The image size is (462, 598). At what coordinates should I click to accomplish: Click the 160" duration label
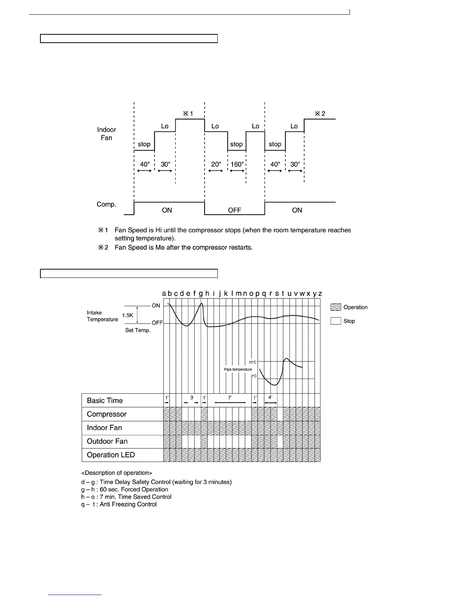pyautogui.click(x=237, y=165)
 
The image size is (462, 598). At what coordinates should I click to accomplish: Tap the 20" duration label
pyautogui.click(x=216, y=165)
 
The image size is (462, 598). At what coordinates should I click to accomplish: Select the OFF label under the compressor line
pyautogui.click(x=234, y=210)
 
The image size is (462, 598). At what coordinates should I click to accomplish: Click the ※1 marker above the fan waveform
pyautogui.click(x=188, y=114)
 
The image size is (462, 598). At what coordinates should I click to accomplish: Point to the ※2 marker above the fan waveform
pyautogui.click(x=320, y=114)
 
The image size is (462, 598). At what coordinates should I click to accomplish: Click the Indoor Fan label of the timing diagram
pyautogui.click(x=106, y=134)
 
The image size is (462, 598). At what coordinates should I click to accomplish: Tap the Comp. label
pyautogui.click(x=106, y=204)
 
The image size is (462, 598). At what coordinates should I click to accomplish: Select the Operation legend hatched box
pyautogui.click(x=336, y=307)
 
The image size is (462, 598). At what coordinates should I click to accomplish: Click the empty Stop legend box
pyautogui.click(x=336, y=321)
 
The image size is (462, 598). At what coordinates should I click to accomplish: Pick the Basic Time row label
pyautogui.click(x=105, y=401)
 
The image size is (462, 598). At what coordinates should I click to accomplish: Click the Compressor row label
pyautogui.click(x=106, y=414)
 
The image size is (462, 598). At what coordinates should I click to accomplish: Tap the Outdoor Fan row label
pyautogui.click(x=107, y=441)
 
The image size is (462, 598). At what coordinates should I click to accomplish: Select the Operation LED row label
pyautogui.click(x=111, y=455)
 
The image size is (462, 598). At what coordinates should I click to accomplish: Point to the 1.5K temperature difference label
pyautogui.click(x=128, y=315)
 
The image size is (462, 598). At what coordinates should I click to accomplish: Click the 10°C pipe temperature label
pyautogui.click(x=253, y=362)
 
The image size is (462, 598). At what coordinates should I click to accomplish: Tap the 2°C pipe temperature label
pyautogui.click(x=254, y=376)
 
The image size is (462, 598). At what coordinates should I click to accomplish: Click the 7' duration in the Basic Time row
pyautogui.click(x=230, y=398)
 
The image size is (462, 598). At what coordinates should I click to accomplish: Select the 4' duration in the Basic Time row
pyautogui.click(x=270, y=398)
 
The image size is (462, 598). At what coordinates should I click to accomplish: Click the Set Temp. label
pyautogui.click(x=138, y=330)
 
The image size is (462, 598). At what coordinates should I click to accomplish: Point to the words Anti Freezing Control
pyautogui.click(x=128, y=504)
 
